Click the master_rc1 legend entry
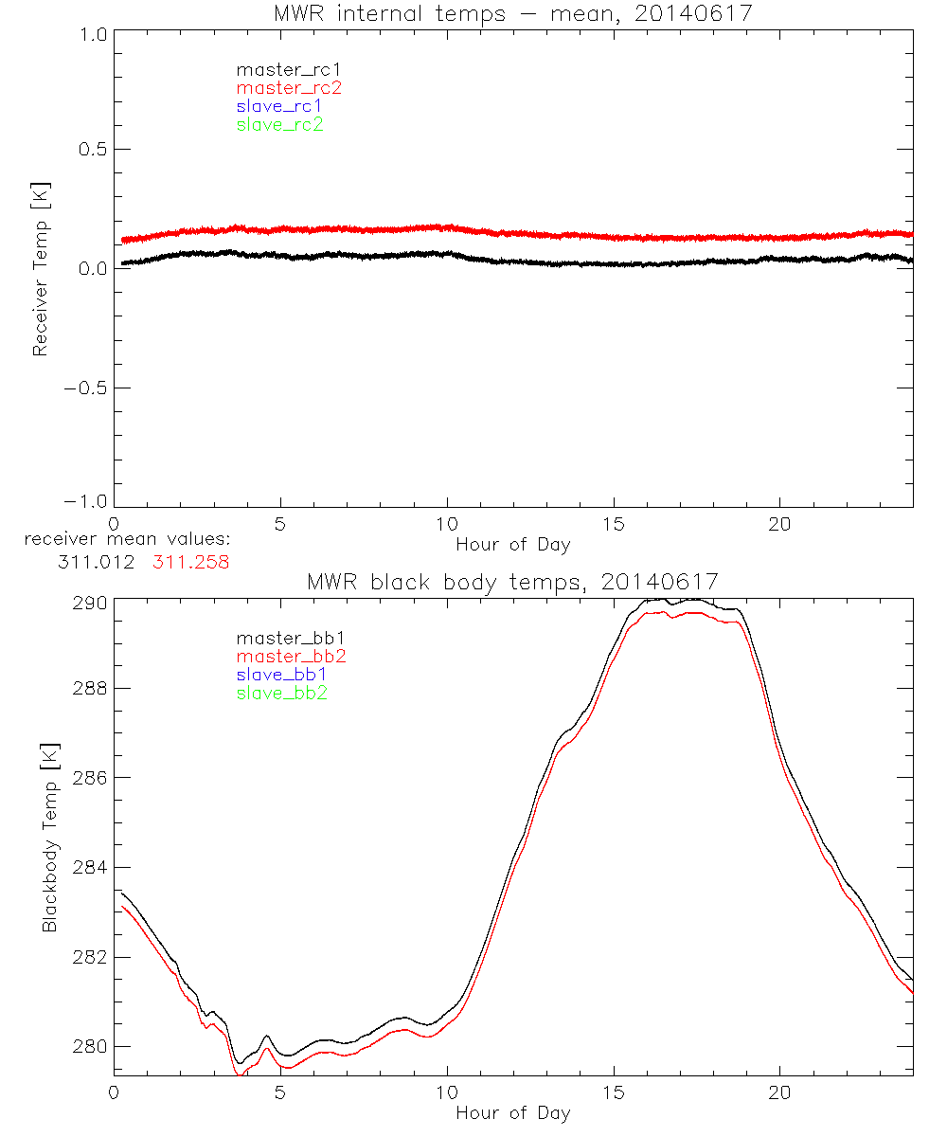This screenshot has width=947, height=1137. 279,69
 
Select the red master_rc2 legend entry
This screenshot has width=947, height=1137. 289,87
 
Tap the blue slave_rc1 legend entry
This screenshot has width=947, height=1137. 279,106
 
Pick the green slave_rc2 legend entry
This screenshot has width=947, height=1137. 279,124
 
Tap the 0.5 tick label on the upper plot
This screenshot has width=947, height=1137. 87,150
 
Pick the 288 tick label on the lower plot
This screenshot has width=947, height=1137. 86,688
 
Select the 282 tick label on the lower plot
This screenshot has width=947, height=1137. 86,957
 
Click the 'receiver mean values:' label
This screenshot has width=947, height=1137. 128,540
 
